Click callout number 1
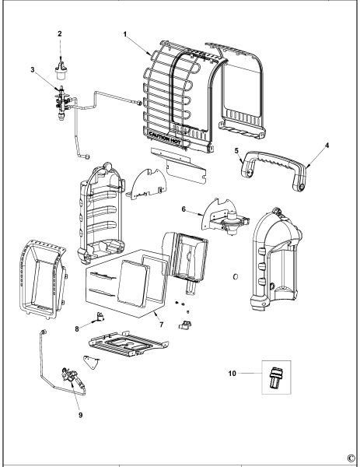[x=125, y=34]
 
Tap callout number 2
[x=60, y=33]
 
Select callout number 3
[x=33, y=69]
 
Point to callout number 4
[x=327, y=146]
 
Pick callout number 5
[x=236, y=151]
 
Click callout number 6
[x=183, y=209]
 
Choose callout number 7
[x=162, y=325]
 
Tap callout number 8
[x=77, y=328]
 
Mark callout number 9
[x=81, y=415]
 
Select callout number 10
[x=232, y=373]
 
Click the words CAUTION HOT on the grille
[x=165, y=137]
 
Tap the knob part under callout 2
[x=61, y=70]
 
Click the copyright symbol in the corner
[x=351, y=458]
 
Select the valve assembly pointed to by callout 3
[x=63, y=103]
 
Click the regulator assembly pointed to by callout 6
[x=226, y=219]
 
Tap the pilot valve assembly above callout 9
[x=73, y=377]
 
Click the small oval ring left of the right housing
[x=236, y=276]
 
